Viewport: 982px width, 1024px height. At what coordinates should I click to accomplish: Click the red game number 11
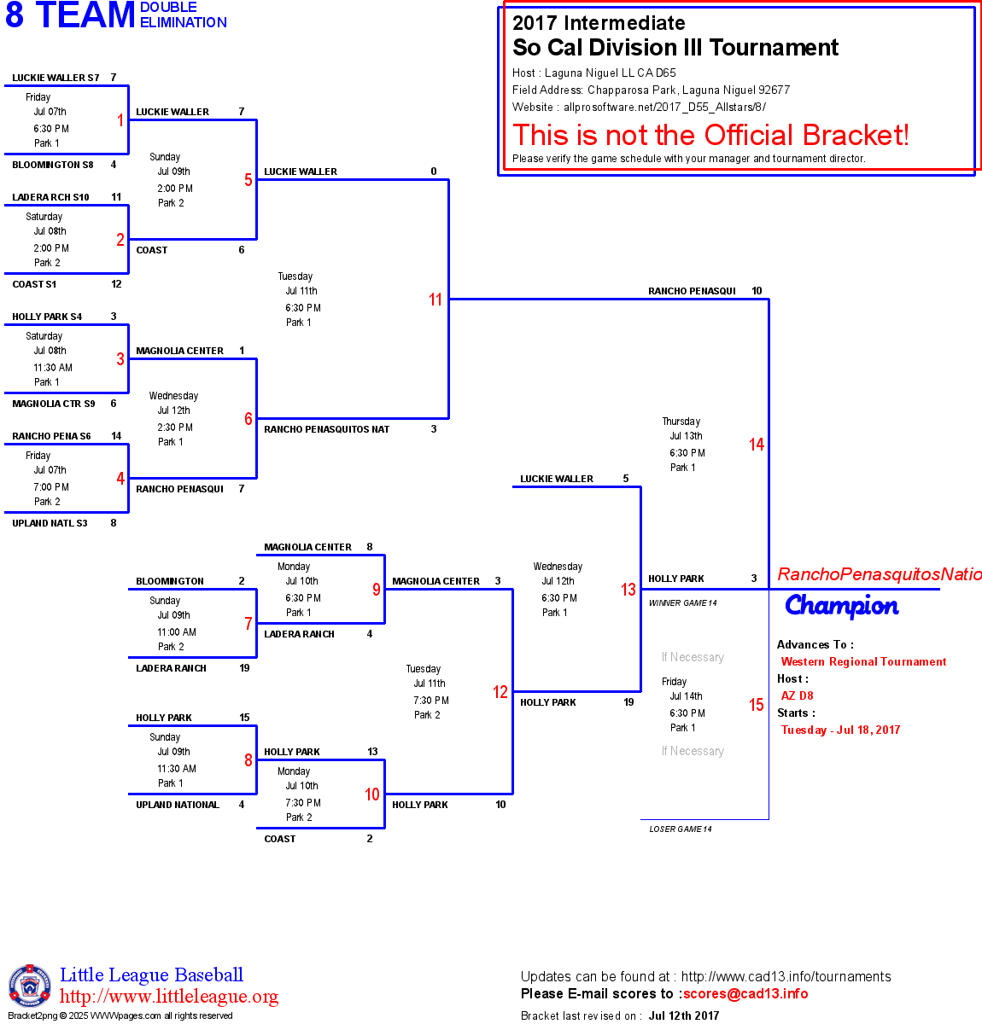pos(435,300)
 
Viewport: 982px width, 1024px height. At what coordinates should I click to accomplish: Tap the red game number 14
pos(757,445)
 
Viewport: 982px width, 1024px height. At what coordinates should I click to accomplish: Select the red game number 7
pos(248,624)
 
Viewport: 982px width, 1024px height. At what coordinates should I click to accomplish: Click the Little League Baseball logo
pos(30,986)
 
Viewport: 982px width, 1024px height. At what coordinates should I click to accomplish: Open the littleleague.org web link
pos(169,997)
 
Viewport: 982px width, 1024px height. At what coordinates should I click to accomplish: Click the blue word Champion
pos(842,605)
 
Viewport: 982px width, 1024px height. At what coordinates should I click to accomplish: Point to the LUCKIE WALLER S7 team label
pos(56,78)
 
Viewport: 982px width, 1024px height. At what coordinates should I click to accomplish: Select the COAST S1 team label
pos(34,284)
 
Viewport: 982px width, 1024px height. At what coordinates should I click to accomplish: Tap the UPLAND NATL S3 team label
pos(50,523)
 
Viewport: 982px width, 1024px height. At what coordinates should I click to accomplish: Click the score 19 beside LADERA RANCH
pos(244,668)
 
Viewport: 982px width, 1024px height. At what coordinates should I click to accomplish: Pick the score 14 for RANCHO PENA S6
pos(116,436)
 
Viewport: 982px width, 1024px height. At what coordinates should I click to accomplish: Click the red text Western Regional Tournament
pos(863,661)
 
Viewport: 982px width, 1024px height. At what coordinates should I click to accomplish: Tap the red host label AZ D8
pos(798,695)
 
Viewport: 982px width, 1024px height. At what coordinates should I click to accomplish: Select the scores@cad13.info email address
pos(745,993)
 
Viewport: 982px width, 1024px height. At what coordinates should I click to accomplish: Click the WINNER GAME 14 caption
pos(683,603)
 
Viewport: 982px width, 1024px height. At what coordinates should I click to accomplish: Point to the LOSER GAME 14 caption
pos(681,829)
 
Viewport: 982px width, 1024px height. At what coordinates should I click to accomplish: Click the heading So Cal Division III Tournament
pos(675,48)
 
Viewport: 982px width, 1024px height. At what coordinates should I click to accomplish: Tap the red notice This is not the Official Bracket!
pos(710,135)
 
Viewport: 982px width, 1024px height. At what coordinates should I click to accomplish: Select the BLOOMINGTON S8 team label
pos(53,165)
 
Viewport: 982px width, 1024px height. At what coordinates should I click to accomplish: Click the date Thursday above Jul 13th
pos(681,422)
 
